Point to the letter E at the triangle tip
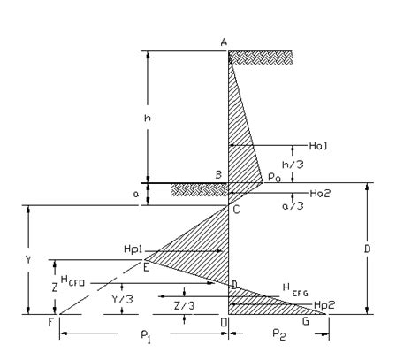point(144,266)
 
